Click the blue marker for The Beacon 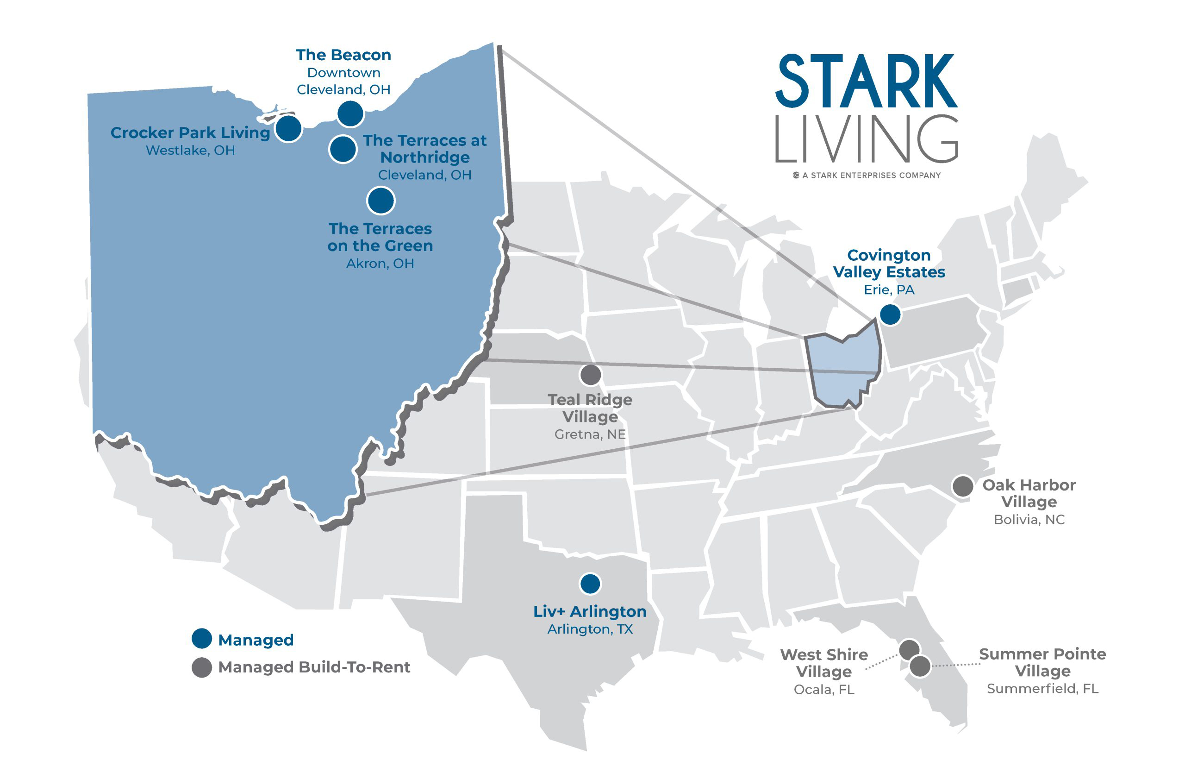coord(350,114)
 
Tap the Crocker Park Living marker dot coord(288,128)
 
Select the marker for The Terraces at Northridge coord(343,149)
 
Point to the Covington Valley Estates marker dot coord(889,315)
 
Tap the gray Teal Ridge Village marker coord(590,375)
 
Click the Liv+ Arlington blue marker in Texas coord(590,584)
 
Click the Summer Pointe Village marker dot coord(919,666)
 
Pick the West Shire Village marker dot coord(908,649)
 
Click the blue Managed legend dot coord(201,639)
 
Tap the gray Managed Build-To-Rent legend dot coord(201,667)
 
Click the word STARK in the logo coord(866,82)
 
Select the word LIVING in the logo coord(866,139)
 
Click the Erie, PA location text coord(889,290)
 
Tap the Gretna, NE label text coord(590,434)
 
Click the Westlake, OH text coord(190,151)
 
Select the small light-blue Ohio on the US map coord(842,369)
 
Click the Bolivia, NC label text coord(1028,520)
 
